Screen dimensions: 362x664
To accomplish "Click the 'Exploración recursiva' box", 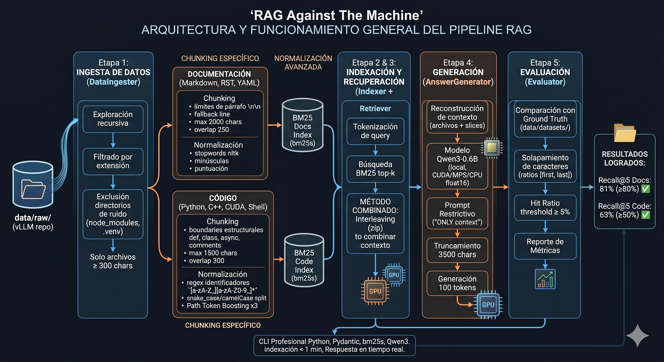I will (113, 119).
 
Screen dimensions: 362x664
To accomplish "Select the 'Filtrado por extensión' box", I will (113, 161).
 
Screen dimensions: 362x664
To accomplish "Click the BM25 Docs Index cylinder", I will (302, 125).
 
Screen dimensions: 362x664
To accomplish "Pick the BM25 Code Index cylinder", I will (304, 260).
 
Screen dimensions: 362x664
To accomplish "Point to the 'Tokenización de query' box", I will (375, 131).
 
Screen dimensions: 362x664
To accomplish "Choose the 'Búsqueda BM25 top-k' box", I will (375, 169).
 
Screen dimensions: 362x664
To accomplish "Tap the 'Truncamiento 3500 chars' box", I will (457, 250).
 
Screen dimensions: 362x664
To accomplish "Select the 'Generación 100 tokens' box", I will (457, 283).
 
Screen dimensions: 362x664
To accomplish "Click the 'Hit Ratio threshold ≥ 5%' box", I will (545, 207).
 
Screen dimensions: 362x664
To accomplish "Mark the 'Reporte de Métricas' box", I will (545, 246).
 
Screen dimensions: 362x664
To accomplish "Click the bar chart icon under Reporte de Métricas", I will (545, 279).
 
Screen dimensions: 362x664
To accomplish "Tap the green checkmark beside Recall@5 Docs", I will (645, 189).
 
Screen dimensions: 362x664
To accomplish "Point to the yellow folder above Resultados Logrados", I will (625, 133).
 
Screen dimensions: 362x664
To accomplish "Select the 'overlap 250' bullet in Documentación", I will (211, 130).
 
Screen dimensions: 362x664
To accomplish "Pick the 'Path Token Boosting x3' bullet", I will (222, 306).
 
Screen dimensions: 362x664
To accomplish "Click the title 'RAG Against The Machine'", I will (336, 16).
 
